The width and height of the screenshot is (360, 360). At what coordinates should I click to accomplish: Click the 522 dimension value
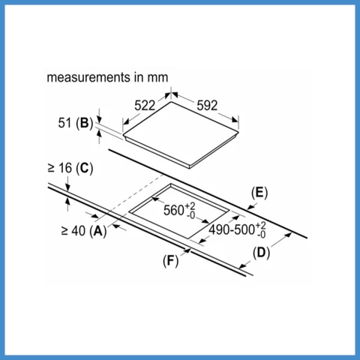click(x=145, y=106)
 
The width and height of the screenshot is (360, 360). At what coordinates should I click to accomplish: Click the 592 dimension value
click(x=207, y=106)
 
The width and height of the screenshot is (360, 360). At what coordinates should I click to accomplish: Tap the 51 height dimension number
click(x=64, y=123)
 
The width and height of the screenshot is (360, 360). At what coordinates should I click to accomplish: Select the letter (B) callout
click(x=84, y=124)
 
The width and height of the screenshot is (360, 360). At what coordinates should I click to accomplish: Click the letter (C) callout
click(x=84, y=168)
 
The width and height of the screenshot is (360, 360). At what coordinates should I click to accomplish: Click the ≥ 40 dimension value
click(x=73, y=230)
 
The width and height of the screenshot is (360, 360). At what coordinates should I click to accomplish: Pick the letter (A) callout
click(x=98, y=231)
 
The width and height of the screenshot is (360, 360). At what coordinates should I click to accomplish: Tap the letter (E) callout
click(x=259, y=193)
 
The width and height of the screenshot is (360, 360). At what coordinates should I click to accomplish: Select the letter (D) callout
click(x=261, y=253)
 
